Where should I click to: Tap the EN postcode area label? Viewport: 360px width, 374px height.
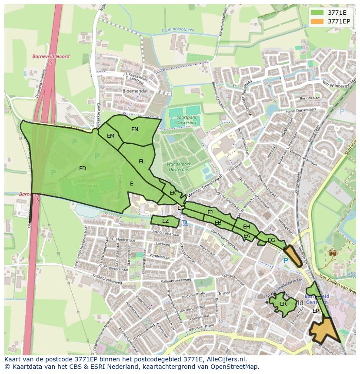tap(135, 129)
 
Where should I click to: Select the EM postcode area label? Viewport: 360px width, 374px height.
tap(111, 136)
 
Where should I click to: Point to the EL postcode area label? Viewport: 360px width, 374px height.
tap(142, 162)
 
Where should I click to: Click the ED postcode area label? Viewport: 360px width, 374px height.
tap(83, 169)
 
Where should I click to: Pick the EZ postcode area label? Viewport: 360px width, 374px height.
tap(165, 221)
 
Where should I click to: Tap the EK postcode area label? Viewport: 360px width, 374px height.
tap(173, 192)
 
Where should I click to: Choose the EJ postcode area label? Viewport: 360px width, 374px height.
tap(210, 212)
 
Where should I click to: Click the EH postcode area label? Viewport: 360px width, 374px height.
tap(247, 227)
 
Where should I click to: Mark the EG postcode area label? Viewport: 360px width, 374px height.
tap(271, 240)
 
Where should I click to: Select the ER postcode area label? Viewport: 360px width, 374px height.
tap(283, 304)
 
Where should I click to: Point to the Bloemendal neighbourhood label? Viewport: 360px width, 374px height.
tap(135, 91)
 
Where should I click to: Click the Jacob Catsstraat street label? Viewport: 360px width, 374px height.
tap(166, 233)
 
